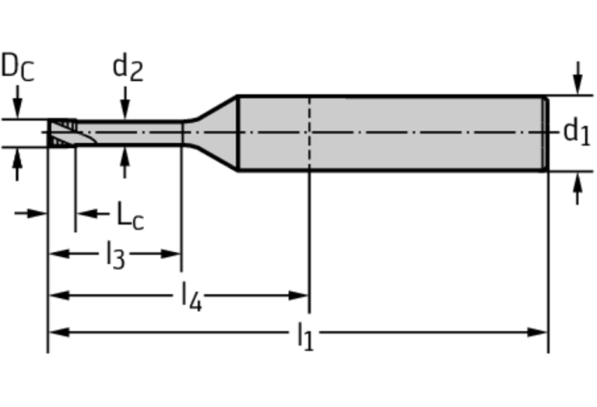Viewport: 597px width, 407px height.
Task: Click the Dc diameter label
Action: point(18,67)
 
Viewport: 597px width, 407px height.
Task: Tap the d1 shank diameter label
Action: point(577,132)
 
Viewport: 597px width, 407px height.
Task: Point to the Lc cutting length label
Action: point(130,216)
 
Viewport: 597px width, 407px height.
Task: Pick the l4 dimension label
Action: point(191,297)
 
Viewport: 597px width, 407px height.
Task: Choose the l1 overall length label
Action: point(306,336)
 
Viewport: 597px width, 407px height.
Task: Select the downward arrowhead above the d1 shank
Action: point(578,85)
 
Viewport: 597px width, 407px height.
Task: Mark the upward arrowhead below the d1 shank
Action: point(578,182)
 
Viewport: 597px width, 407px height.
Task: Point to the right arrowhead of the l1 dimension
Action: point(537,332)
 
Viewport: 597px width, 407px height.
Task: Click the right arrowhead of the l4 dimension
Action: point(298,296)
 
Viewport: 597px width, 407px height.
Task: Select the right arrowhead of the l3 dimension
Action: point(170,254)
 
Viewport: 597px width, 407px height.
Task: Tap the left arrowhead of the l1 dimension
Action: point(59,332)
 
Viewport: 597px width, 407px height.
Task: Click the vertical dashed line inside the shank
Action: point(309,133)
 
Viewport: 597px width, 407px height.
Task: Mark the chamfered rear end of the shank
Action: point(545,133)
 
